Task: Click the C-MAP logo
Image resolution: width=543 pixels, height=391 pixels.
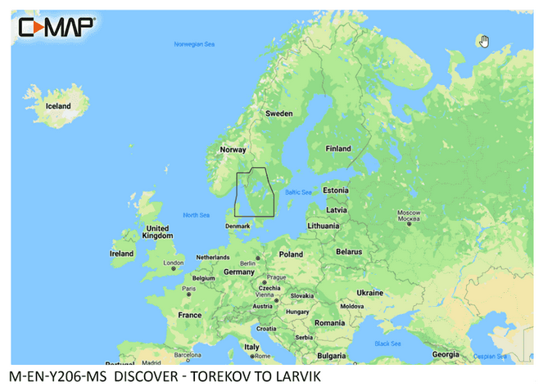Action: coord(56,27)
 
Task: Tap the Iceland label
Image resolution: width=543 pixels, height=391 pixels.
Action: coord(58,106)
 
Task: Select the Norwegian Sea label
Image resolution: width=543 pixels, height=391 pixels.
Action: coord(193,44)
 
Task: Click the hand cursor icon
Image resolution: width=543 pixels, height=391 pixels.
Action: coord(484,42)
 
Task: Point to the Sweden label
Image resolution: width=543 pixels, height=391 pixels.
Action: coord(279,114)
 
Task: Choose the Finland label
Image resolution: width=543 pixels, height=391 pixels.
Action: coord(338,149)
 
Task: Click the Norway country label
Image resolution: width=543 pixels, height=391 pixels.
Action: coord(233,150)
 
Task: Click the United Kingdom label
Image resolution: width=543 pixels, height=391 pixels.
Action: coord(156,232)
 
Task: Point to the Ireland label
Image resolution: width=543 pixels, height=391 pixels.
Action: coord(121,254)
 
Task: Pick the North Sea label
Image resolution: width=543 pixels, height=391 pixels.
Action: coord(197,215)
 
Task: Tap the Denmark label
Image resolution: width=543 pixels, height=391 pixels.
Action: coord(238,226)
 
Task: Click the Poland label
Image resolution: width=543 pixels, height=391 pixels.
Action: coord(291,254)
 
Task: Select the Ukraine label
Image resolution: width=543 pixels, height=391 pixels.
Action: coord(369,292)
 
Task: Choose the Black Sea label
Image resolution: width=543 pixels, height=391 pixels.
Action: coord(387,344)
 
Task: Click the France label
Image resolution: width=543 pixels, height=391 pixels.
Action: coord(190,315)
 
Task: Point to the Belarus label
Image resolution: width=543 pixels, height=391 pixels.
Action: coord(349,252)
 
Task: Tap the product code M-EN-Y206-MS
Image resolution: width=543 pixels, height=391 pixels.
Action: coord(57,377)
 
